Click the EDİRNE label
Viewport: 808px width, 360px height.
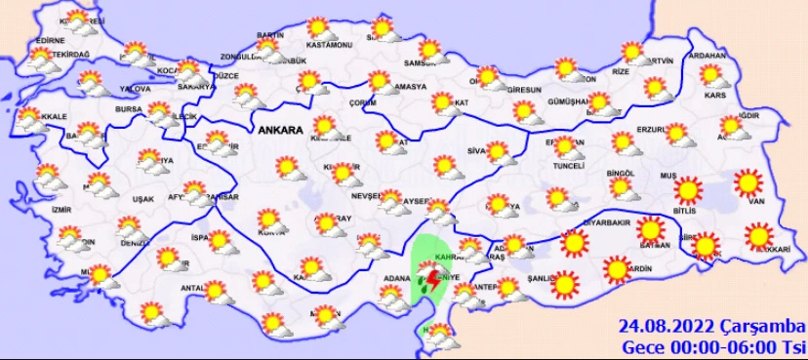pyautogui.click(x=49, y=40)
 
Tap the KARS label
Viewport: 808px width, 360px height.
pyautogui.click(x=717, y=97)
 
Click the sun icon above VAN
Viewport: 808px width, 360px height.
pyautogui.click(x=748, y=181)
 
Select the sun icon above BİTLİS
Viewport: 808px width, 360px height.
pyautogui.click(x=689, y=188)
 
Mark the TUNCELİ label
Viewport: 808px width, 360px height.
pyautogui.click(x=569, y=165)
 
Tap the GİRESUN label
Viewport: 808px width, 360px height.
pyautogui.click(x=524, y=90)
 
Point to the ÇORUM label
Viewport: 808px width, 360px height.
pyautogui.click(x=363, y=101)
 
